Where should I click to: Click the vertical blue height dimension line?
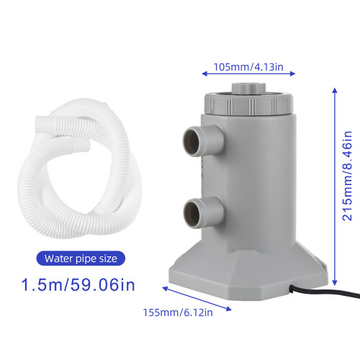(334, 180)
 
